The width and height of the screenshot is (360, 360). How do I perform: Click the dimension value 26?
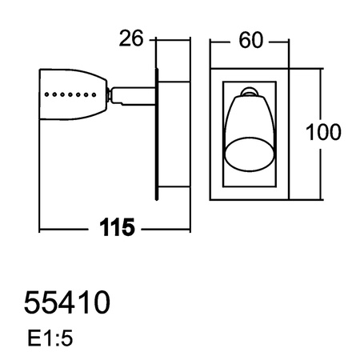point(130,38)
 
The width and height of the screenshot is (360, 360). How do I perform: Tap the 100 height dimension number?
point(323,132)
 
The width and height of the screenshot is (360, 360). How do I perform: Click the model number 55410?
point(67,303)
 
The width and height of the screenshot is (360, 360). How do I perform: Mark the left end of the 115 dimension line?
point(39,230)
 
